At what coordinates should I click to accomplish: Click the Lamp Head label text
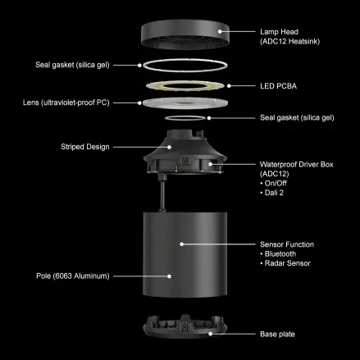click(279, 32)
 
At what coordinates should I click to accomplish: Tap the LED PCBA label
click(278, 86)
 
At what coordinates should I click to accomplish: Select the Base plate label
click(277, 334)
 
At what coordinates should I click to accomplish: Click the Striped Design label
click(85, 147)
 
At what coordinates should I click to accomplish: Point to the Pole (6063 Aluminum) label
click(73, 276)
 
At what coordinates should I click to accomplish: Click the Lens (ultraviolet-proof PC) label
click(66, 103)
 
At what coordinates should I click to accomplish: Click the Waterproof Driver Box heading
click(297, 165)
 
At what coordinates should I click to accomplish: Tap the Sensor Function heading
click(287, 244)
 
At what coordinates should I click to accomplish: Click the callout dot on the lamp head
click(220, 31)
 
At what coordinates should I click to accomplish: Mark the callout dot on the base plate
click(211, 334)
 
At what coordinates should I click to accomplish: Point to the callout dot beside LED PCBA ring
click(229, 86)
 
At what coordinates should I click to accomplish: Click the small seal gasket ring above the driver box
click(185, 116)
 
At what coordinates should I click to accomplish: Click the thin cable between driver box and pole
click(162, 195)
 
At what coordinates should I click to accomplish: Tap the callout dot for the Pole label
click(169, 276)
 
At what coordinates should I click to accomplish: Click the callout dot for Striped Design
click(169, 147)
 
